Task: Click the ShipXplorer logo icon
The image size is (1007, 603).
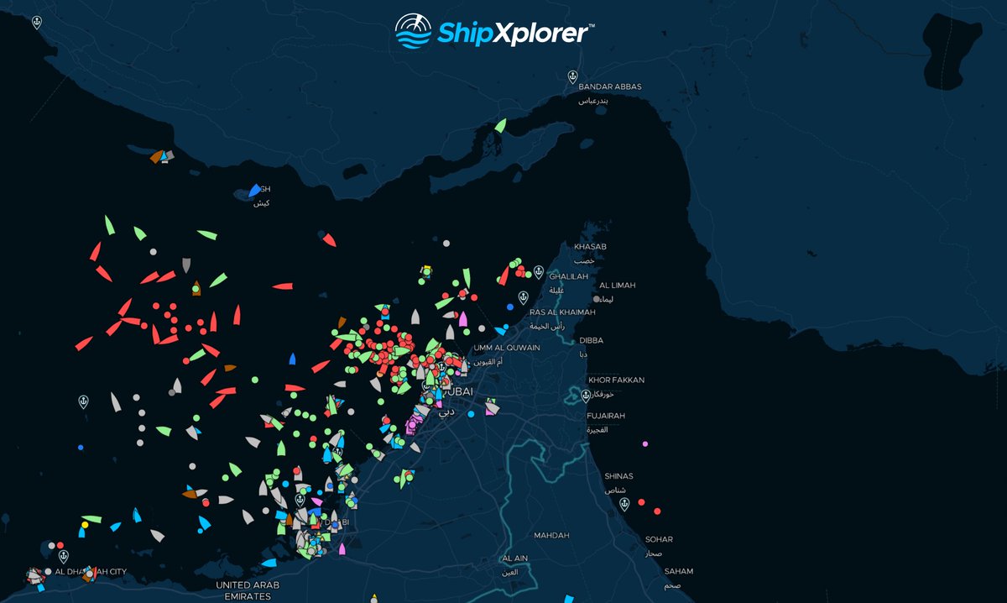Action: point(413,32)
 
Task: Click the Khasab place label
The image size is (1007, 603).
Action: point(590,247)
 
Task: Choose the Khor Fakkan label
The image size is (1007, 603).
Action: point(616,380)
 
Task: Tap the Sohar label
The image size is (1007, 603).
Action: point(659,540)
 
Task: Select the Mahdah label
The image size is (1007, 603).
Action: point(551,536)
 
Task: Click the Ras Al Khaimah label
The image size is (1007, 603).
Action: point(561,312)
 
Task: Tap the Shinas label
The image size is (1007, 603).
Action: point(619,476)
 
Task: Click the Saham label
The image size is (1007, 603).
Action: point(679,572)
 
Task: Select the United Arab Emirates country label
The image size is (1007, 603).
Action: point(248,590)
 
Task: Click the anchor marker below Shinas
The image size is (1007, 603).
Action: point(623,504)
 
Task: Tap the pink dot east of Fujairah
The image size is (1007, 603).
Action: point(644,443)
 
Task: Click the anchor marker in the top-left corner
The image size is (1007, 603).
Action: point(36,23)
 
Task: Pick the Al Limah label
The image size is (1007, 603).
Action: point(618,286)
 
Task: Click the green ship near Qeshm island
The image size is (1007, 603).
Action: point(500,126)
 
